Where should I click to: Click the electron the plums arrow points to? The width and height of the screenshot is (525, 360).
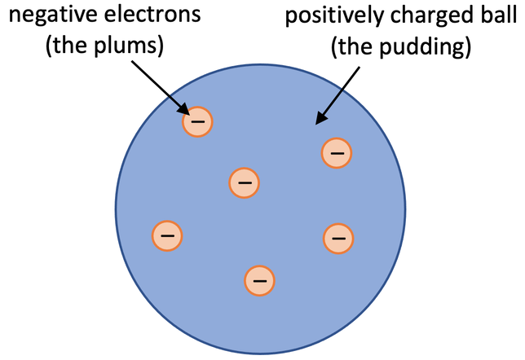coord(197,122)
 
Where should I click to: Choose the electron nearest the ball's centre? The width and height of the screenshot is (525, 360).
coord(244,182)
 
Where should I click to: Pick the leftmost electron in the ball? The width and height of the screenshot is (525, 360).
coord(167,235)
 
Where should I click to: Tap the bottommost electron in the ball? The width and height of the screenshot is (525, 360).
coord(259,280)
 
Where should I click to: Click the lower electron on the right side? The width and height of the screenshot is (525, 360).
coord(338,238)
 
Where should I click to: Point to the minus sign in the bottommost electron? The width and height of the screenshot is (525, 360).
coord(259,280)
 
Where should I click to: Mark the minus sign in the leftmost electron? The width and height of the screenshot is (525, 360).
coord(167,235)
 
